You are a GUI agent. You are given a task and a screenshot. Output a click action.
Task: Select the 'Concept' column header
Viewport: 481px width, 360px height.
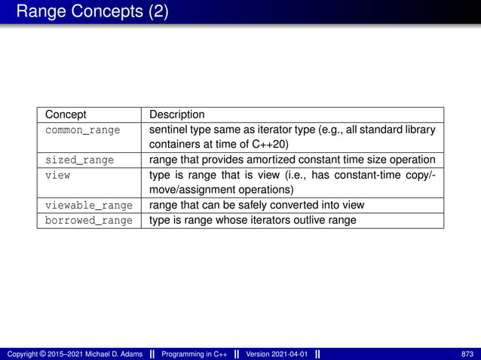pos(66,114)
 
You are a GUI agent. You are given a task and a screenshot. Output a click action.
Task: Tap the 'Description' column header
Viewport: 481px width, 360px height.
pos(176,114)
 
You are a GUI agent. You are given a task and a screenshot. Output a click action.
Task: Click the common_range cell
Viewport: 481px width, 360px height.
pos(82,130)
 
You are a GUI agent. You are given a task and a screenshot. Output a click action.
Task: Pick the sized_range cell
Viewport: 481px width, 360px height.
pos(79,160)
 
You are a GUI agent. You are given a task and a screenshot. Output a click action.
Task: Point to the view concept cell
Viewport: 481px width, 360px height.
pos(57,175)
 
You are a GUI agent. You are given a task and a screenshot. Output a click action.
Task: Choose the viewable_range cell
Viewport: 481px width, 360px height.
pos(88,205)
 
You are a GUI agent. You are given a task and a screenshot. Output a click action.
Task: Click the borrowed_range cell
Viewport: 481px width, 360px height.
pos(88,220)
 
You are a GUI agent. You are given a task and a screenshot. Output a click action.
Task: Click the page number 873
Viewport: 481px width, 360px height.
pos(467,354)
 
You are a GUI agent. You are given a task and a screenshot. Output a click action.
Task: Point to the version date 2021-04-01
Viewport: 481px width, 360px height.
pos(290,354)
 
